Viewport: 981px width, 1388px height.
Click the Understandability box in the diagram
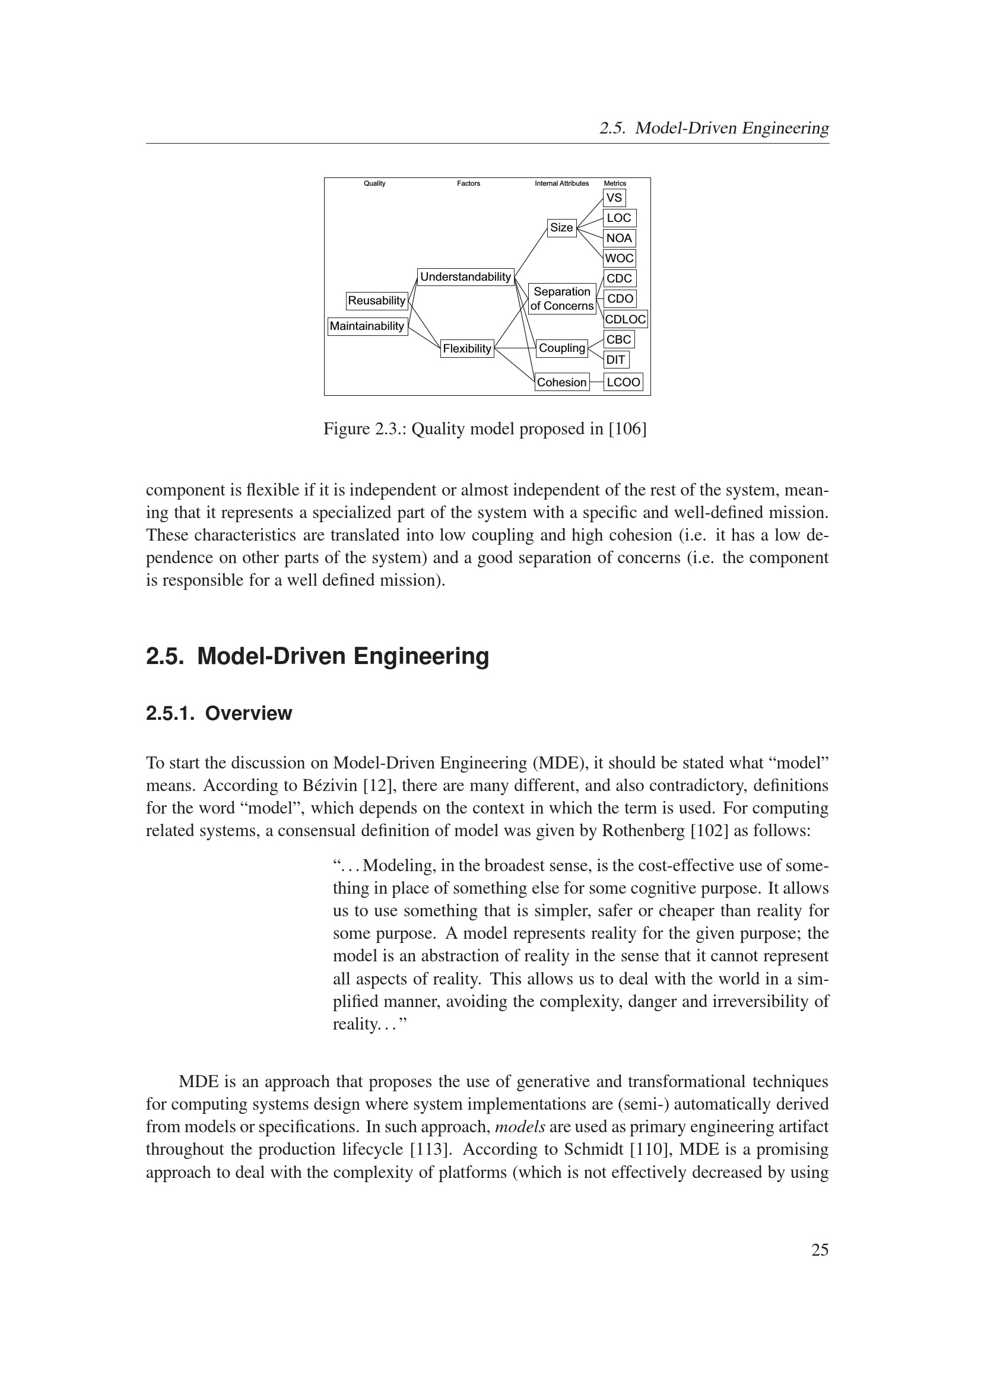pyautogui.click(x=465, y=277)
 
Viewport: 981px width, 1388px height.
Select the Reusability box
pyautogui.click(x=377, y=300)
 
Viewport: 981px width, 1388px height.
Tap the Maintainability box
pyautogui.click(x=367, y=326)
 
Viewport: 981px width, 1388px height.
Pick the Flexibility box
pyautogui.click(x=466, y=349)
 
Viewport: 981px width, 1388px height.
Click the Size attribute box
pyautogui.click(x=561, y=228)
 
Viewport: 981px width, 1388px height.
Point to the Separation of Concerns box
pyautogui.click(x=561, y=298)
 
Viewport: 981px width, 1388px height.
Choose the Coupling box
pyautogui.click(x=561, y=348)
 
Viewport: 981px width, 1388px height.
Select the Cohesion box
pyautogui.click(x=561, y=382)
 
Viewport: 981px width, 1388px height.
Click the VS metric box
pyautogui.click(x=614, y=198)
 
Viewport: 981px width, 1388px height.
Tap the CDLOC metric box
pyautogui.click(x=625, y=319)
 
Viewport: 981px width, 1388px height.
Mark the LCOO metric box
pyautogui.click(x=623, y=382)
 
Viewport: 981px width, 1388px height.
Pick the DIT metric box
pyautogui.click(x=615, y=360)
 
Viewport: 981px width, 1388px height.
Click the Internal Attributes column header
pyautogui.click(x=561, y=183)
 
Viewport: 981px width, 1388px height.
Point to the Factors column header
pyautogui.click(x=468, y=183)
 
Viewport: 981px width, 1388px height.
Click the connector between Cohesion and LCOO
pyautogui.click(x=596, y=382)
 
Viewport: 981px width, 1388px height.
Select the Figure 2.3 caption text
pyautogui.click(x=485, y=429)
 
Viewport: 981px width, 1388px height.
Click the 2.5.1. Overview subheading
pyautogui.click(x=219, y=713)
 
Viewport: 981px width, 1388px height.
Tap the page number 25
pyautogui.click(x=820, y=1250)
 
